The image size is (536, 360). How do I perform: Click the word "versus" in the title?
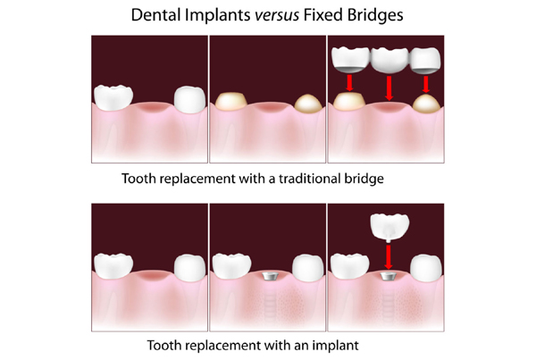tap(277, 15)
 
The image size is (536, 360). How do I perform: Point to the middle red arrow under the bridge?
tap(389, 88)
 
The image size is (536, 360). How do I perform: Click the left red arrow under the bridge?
tap(349, 83)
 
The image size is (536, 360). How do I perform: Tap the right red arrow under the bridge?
tap(425, 84)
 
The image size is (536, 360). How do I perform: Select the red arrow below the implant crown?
tap(388, 257)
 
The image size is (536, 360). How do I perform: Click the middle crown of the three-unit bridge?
tap(389, 60)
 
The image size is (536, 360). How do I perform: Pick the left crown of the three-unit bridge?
tap(351, 60)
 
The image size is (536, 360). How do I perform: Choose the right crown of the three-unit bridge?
tap(425, 61)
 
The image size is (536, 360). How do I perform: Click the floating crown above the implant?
tap(389, 228)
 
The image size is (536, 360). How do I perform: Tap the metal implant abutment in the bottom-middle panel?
tap(270, 276)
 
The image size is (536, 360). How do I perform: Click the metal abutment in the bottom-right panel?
tap(388, 276)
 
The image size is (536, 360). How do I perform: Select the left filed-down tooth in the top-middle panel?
tap(231, 101)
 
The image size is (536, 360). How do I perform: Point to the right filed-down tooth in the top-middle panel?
tap(308, 103)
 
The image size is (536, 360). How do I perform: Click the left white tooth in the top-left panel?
tap(113, 97)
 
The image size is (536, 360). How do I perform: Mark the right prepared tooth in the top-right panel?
tap(426, 104)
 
